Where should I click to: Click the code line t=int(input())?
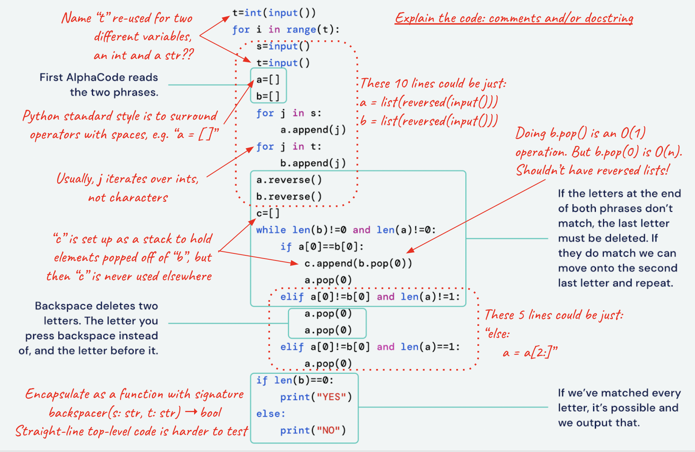[274, 13]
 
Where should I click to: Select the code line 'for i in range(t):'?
[286, 30]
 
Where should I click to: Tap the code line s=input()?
[283, 46]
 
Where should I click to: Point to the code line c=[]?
[268, 213]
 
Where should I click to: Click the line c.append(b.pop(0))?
[358, 264]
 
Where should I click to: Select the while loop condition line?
[346, 230]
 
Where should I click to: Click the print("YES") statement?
[316, 397]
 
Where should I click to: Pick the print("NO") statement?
[313, 430]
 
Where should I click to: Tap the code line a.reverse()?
[289, 180]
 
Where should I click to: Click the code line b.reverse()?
[289, 197]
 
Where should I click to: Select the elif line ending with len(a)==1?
[370, 347]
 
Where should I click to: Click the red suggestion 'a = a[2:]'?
[530, 353]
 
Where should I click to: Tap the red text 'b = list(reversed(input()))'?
[429, 121]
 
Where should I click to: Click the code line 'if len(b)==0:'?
[295, 380]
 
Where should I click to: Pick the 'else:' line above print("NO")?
[271, 414]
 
